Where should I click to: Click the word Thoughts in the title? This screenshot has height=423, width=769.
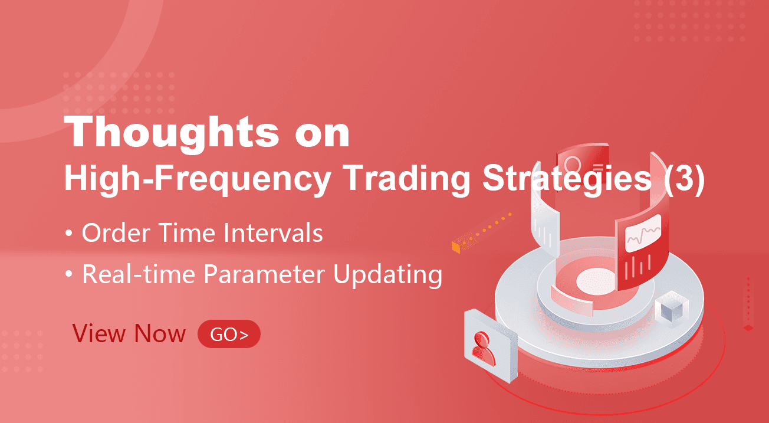click(x=171, y=132)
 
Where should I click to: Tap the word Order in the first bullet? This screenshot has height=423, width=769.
click(x=116, y=233)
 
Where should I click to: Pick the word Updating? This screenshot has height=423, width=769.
click(x=388, y=276)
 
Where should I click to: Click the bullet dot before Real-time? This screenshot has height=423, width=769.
click(x=68, y=274)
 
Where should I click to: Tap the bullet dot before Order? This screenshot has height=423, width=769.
click(x=68, y=233)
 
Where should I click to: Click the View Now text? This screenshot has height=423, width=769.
click(x=129, y=333)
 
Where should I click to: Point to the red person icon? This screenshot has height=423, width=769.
click(x=484, y=349)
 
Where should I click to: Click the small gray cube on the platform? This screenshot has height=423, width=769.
click(x=671, y=309)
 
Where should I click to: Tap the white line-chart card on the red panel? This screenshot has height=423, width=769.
click(x=643, y=233)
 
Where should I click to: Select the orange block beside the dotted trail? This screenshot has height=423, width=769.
click(x=456, y=247)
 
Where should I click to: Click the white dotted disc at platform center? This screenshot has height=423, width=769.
click(x=596, y=281)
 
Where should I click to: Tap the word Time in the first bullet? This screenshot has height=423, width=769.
click(x=188, y=233)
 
